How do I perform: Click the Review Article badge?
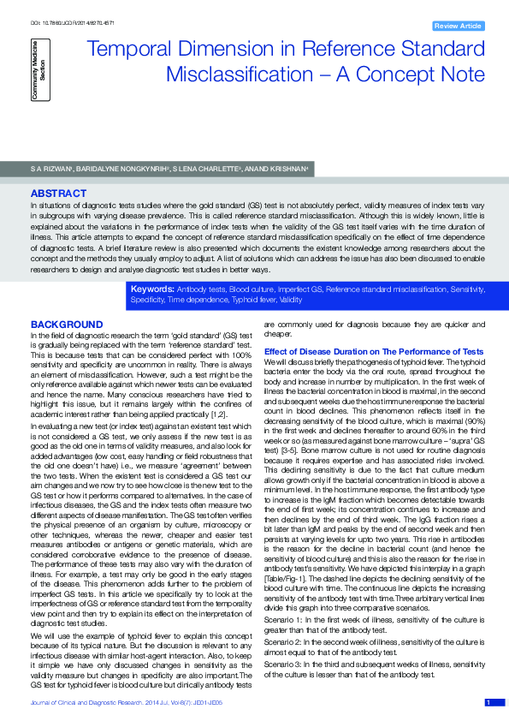click(x=459, y=27)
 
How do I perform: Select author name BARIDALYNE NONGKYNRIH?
click(x=116, y=169)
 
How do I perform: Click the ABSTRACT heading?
click(x=58, y=194)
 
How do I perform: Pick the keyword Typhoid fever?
click(x=235, y=301)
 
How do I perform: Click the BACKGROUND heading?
click(x=67, y=325)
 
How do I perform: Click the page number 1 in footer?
click(x=488, y=702)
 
